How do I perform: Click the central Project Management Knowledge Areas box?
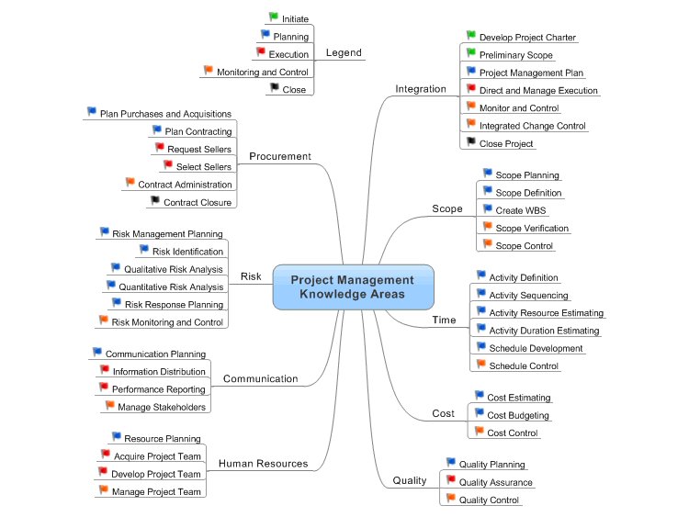click(353, 287)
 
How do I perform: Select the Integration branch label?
click(420, 89)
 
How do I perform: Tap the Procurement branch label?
click(280, 156)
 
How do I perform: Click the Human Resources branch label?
click(263, 464)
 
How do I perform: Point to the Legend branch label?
click(344, 52)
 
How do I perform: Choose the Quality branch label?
click(409, 480)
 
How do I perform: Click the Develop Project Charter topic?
click(527, 38)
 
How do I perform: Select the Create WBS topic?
click(521, 210)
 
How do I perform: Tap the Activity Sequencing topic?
click(528, 296)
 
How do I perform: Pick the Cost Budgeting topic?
click(518, 415)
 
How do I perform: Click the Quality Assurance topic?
click(495, 482)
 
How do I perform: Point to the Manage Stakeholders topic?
click(161, 407)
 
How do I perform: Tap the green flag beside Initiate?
click(273, 17)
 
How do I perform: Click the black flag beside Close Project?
click(471, 141)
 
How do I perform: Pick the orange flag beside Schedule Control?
click(481, 364)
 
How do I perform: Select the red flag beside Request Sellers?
click(159, 147)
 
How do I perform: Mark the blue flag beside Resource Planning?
click(116, 436)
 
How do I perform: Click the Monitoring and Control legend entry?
click(262, 72)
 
